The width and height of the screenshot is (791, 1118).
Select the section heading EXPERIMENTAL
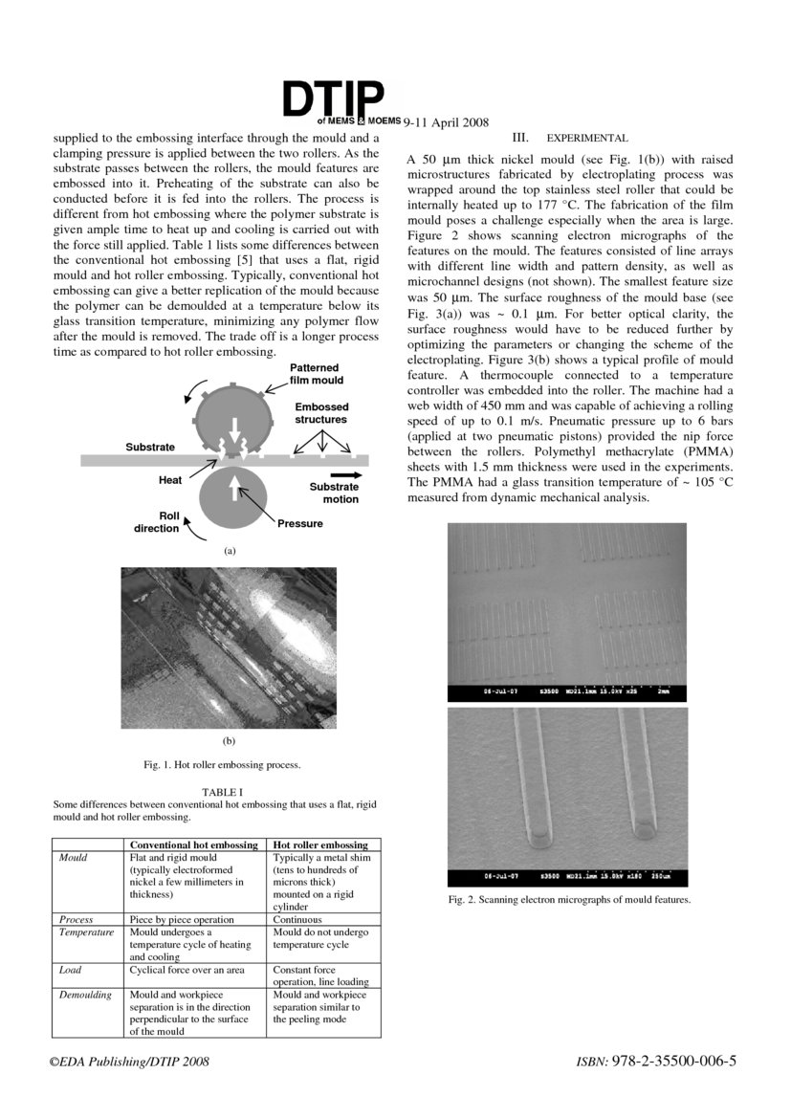coord(586,139)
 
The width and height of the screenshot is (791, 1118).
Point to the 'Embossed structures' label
coord(320,413)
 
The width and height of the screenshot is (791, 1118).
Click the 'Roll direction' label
coord(156,522)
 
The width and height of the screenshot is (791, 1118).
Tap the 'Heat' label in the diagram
coord(170,479)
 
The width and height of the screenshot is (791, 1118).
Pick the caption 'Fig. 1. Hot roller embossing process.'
coord(222,765)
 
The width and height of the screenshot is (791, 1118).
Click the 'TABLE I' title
coord(222,792)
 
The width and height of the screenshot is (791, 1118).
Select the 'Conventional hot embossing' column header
coord(193,845)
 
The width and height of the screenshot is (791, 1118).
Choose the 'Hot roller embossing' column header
coord(320,845)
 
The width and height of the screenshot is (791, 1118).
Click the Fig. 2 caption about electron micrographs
coord(568,900)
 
